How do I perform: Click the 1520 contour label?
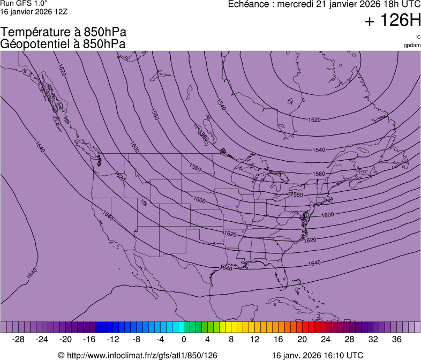pyautogui.click(x=314, y=119)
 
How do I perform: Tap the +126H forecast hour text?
pyautogui.click(x=392, y=21)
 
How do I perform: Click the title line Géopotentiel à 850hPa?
pyautogui.click(x=63, y=44)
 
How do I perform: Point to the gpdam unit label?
pyautogui.click(x=412, y=45)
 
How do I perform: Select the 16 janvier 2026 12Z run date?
pyautogui.click(x=34, y=11)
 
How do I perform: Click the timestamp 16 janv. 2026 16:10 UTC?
pyautogui.click(x=318, y=355)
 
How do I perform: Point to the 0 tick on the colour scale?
pyautogui.click(x=184, y=339)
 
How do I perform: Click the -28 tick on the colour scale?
pyautogui.click(x=19, y=339)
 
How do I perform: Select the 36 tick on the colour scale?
pyautogui.click(x=396, y=339)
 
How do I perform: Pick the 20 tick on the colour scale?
pyautogui.click(x=278, y=339)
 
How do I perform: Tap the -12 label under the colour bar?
pyautogui.click(x=113, y=339)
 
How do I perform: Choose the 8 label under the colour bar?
pyautogui.click(x=231, y=339)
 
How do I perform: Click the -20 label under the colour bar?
pyautogui.click(x=66, y=339)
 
